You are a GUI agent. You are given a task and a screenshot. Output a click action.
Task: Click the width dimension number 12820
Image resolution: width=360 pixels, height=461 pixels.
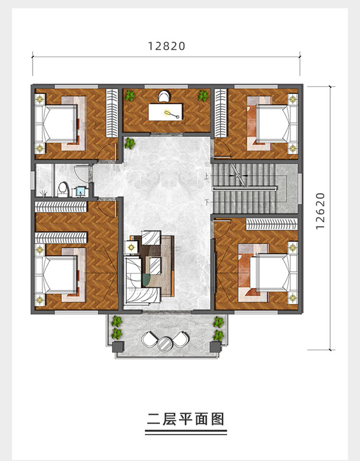tap(167, 46)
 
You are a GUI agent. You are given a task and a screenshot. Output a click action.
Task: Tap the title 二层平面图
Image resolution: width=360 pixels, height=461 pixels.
tap(186, 419)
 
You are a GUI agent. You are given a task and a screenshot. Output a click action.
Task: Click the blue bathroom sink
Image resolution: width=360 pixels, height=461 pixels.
tap(80, 192)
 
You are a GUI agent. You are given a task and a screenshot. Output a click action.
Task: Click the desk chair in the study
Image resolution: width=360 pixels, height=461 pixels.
tap(165, 96)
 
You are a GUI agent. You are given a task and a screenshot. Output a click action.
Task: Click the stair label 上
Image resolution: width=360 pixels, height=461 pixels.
tap(207, 177)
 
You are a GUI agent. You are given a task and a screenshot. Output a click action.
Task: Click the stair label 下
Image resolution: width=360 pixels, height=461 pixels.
tap(207, 202)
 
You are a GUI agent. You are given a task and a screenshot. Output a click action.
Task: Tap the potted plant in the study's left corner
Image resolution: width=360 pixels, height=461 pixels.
tap(129, 96)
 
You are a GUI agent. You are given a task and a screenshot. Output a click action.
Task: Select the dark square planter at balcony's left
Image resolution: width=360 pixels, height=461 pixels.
tap(119, 346)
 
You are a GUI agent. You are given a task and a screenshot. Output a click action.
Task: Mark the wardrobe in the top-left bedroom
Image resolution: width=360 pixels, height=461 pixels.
tap(112, 112)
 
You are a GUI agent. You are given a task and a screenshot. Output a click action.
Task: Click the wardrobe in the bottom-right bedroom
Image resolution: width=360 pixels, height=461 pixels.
tap(272, 224)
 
